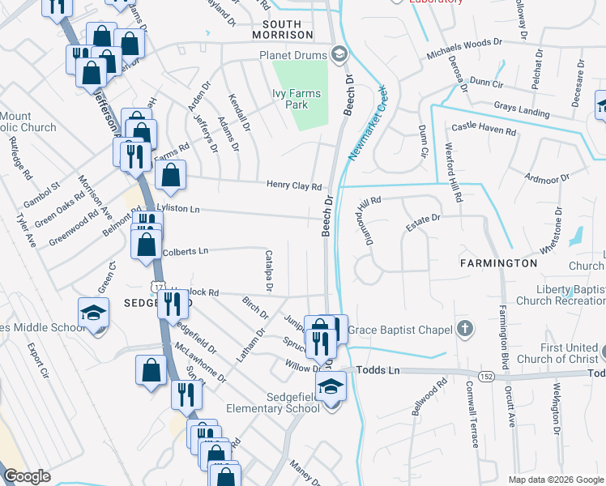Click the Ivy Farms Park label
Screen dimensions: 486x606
click(x=297, y=100)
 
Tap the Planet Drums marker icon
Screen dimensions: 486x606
click(x=340, y=56)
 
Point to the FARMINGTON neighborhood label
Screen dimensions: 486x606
click(x=498, y=263)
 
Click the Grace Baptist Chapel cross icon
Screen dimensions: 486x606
click(x=464, y=329)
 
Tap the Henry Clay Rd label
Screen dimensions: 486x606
click(x=295, y=186)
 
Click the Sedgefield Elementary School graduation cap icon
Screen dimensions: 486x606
click(x=331, y=386)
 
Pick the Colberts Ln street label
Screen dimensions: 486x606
click(x=186, y=252)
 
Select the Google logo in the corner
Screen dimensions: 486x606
click(x=27, y=476)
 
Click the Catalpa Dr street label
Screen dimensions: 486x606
click(x=270, y=271)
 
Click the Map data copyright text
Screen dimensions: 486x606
click(x=556, y=480)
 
